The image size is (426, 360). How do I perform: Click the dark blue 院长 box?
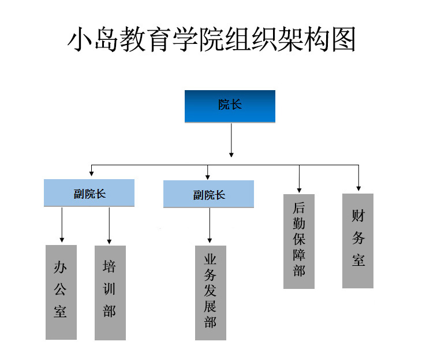[x=230, y=106]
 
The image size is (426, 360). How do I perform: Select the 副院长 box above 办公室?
[x=89, y=193]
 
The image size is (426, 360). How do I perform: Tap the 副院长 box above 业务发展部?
[x=208, y=194]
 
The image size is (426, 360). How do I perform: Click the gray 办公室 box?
[x=61, y=292]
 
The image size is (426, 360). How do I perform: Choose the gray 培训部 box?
[x=110, y=292]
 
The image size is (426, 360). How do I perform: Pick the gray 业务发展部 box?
[x=210, y=292]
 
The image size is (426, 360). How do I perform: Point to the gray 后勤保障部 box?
[x=299, y=241]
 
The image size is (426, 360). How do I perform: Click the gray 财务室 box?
[x=358, y=240]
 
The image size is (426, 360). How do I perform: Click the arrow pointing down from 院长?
[x=231, y=139]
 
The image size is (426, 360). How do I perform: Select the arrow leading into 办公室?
[x=61, y=225]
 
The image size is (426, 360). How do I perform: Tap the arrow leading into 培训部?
[x=109, y=225]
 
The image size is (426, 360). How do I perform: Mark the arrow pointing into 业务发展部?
[x=210, y=226]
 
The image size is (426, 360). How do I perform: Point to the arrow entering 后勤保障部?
[x=299, y=179]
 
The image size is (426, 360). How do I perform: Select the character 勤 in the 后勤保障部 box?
[x=299, y=223]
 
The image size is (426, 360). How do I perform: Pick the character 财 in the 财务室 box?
[x=358, y=217]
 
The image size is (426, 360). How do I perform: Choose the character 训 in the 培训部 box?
[x=110, y=289]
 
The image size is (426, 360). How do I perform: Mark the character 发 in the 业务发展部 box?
[x=210, y=292]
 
